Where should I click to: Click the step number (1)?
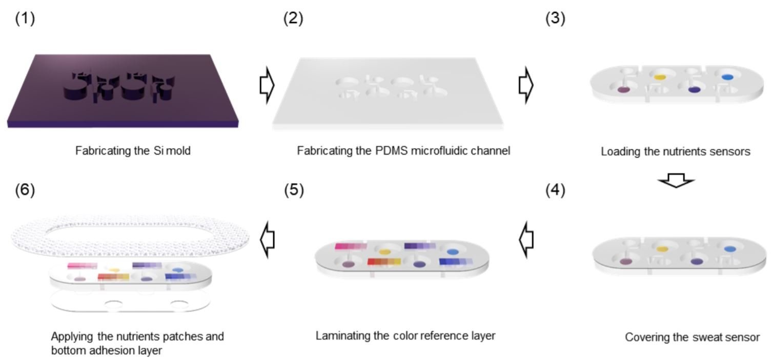(25, 18)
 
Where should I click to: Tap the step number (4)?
(555, 190)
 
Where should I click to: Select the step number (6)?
(25, 190)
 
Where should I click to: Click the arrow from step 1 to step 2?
(267, 85)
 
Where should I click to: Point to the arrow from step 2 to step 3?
(526, 85)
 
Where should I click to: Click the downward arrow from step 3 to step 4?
(676, 180)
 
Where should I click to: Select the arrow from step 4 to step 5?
(526, 239)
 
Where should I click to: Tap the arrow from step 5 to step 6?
(267, 239)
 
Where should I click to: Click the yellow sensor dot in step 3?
(660, 77)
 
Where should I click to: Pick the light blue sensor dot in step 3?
(727, 77)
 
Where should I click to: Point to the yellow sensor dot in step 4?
(662, 249)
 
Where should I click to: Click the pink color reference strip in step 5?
(351, 246)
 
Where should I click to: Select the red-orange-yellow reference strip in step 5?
(384, 262)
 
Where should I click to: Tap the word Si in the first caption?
(158, 151)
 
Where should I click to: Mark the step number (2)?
(293, 18)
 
